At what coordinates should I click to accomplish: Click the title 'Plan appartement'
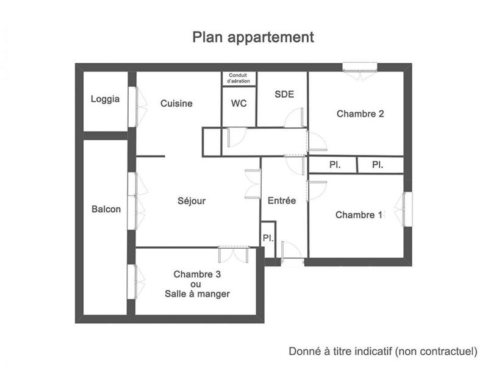(253, 37)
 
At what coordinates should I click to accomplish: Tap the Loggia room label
(105, 99)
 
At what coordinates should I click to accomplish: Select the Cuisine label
(176, 104)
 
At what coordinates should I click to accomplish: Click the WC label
(239, 104)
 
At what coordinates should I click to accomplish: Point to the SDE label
(284, 94)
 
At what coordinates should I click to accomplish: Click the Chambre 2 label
(360, 113)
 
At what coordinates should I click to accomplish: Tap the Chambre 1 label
(359, 215)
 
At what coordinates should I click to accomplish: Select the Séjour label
(192, 201)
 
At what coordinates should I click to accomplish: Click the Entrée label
(282, 201)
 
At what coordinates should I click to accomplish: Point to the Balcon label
(106, 209)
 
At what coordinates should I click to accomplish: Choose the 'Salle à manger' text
(197, 294)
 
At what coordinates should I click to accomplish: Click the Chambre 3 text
(197, 274)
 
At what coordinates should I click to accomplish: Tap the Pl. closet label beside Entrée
(267, 238)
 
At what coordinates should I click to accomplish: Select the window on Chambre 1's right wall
(406, 209)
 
